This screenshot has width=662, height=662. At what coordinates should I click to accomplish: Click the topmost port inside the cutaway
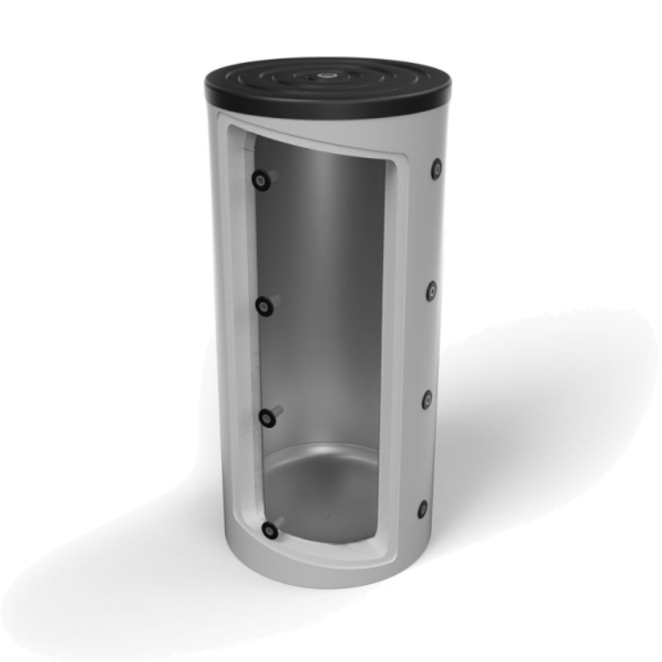259,179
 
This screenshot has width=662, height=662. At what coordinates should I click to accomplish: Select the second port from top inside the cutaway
264,306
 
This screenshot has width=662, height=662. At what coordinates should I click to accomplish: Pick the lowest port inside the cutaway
269,531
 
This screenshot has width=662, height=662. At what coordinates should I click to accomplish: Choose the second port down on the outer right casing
431,290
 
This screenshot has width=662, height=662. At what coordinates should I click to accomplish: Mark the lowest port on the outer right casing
423,509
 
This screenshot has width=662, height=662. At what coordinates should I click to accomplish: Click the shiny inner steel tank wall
329,293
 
